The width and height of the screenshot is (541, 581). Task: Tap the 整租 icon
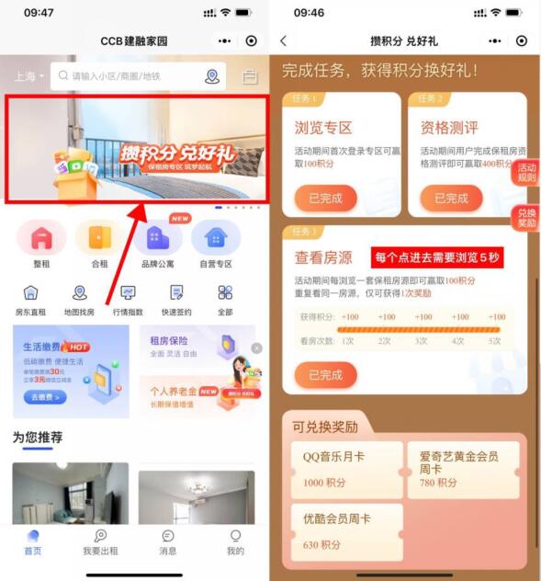point(40,238)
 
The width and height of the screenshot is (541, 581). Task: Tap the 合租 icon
point(98,238)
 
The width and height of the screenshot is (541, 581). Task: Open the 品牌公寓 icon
point(156,238)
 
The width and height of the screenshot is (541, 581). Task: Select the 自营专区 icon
point(216,238)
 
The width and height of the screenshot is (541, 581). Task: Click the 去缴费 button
point(45,397)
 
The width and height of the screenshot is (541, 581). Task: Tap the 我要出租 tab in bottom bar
point(100,542)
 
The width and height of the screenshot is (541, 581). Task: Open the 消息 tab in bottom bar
point(168,542)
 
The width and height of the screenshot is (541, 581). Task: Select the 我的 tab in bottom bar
point(235,542)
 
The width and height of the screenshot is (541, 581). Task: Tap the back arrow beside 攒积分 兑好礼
point(283,41)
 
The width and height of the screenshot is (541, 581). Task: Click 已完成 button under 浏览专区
point(325,198)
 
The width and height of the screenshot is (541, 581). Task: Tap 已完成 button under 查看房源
point(325,374)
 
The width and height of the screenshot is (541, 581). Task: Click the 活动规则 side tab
point(526,173)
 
